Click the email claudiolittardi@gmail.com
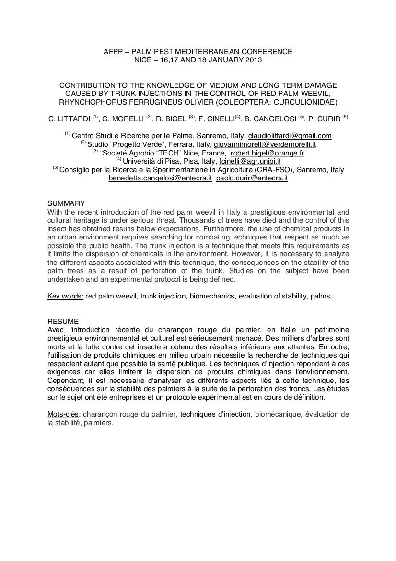click(x=290, y=136)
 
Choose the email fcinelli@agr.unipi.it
click(x=249, y=161)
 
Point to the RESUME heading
click(x=63, y=321)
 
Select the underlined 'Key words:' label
click(x=65, y=296)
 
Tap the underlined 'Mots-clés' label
click(x=63, y=414)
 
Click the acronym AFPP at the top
click(x=113, y=51)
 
